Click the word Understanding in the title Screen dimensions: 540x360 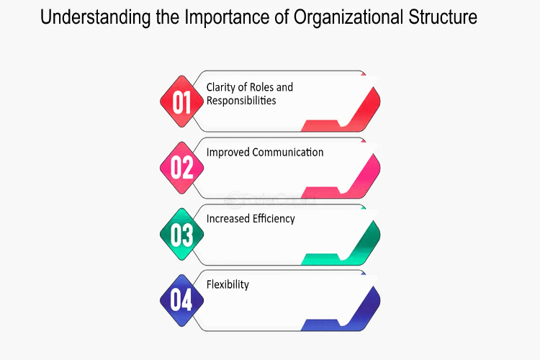pos(95,18)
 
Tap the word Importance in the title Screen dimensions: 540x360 pos(227,17)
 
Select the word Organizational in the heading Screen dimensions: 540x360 pos(348,18)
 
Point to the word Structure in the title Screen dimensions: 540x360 pos(443,17)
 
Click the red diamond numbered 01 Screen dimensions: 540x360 pos(182,102)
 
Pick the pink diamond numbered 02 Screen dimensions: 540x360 pos(182,168)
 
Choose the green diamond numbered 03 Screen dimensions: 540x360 pos(182,234)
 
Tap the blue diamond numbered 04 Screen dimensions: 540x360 pos(182,300)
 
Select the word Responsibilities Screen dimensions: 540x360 pos(241,101)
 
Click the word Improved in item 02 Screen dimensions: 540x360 pos(228,153)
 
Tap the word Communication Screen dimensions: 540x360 pos(288,152)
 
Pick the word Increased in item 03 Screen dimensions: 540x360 pos(228,219)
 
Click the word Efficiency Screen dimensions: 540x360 pos(274,219)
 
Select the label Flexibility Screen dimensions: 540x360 pos(228,285)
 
